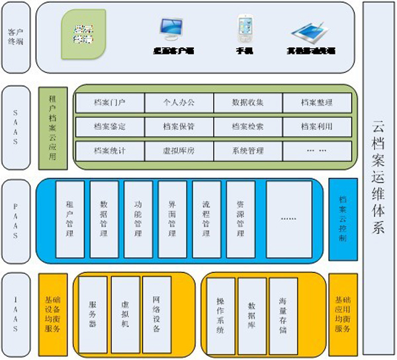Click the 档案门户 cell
pyautogui.click(x=110, y=103)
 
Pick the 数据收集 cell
pyautogui.click(x=248, y=103)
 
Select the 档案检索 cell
pyautogui.click(x=248, y=126)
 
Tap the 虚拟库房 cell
pyautogui.click(x=179, y=150)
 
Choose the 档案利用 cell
pyautogui.click(x=316, y=126)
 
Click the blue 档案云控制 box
pyautogui.click(x=343, y=219)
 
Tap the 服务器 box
pyautogui.click(x=93, y=314)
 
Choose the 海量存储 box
pyautogui.click(x=283, y=314)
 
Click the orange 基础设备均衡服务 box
pyautogui.click(x=53, y=314)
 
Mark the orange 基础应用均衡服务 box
pyautogui.click(x=342, y=314)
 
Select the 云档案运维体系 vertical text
pyautogui.click(x=379, y=179)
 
